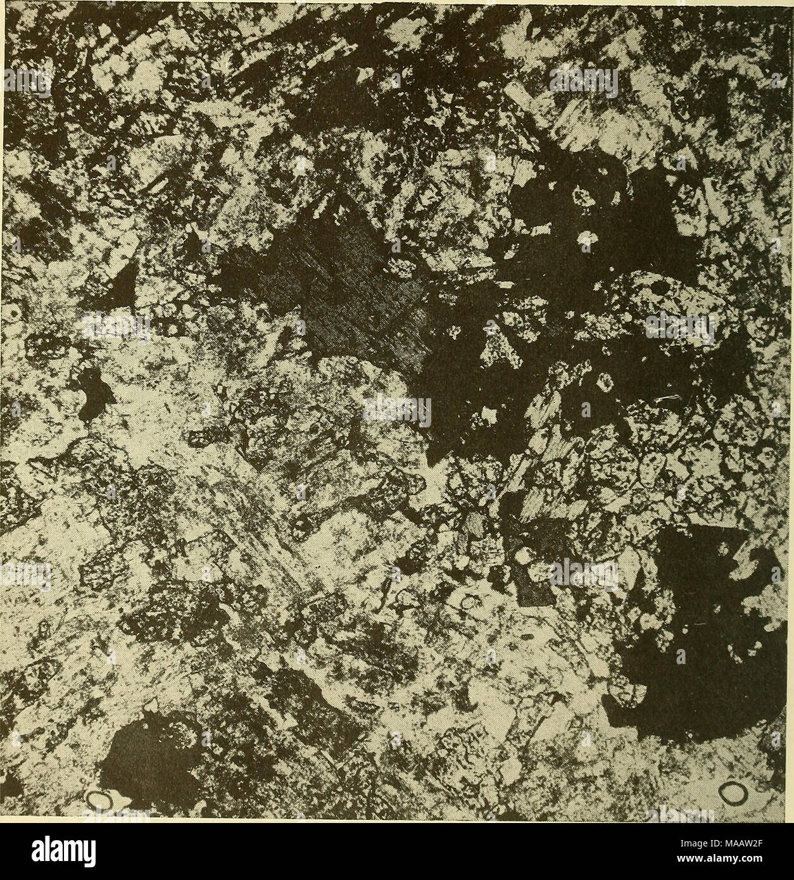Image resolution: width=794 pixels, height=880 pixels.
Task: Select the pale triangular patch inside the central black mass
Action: (x=497, y=345)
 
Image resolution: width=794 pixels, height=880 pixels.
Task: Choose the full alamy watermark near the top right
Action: (x=583, y=81)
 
